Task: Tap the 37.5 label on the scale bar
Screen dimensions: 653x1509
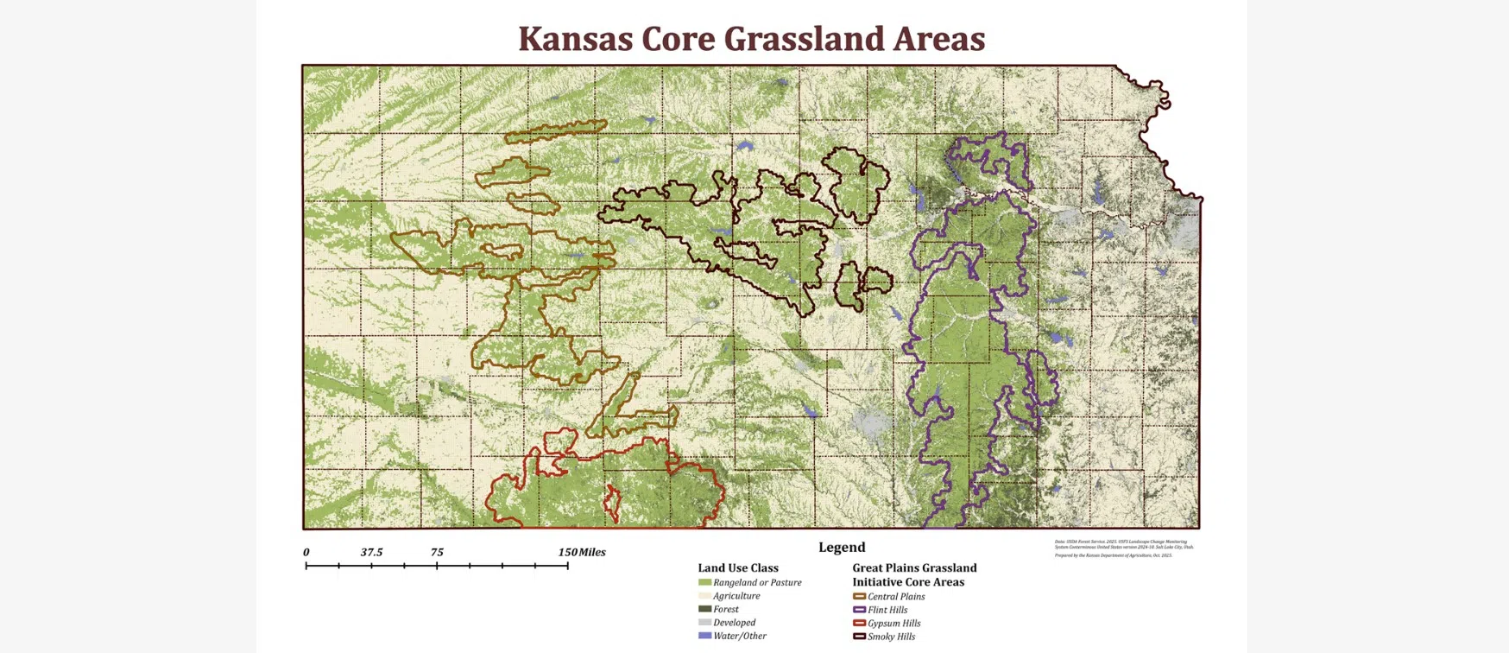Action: pyautogui.click(x=371, y=552)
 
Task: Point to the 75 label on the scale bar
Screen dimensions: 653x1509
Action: pyautogui.click(x=437, y=552)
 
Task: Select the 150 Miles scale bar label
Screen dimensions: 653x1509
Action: pyautogui.click(x=582, y=552)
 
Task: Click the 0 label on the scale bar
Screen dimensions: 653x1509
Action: pyautogui.click(x=306, y=552)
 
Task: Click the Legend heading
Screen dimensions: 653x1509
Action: pyautogui.click(x=841, y=547)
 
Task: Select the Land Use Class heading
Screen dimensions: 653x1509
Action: pyautogui.click(x=737, y=567)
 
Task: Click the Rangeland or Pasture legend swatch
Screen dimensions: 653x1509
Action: pyautogui.click(x=704, y=582)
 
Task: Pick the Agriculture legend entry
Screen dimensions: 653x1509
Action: pyautogui.click(x=736, y=596)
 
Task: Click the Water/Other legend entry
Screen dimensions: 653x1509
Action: pyautogui.click(x=739, y=636)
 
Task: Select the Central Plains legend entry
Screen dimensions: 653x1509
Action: pyautogui.click(x=895, y=596)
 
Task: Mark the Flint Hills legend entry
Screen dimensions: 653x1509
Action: pyautogui.click(x=887, y=610)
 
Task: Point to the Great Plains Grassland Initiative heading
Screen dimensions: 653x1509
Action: pyautogui.click(x=914, y=574)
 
